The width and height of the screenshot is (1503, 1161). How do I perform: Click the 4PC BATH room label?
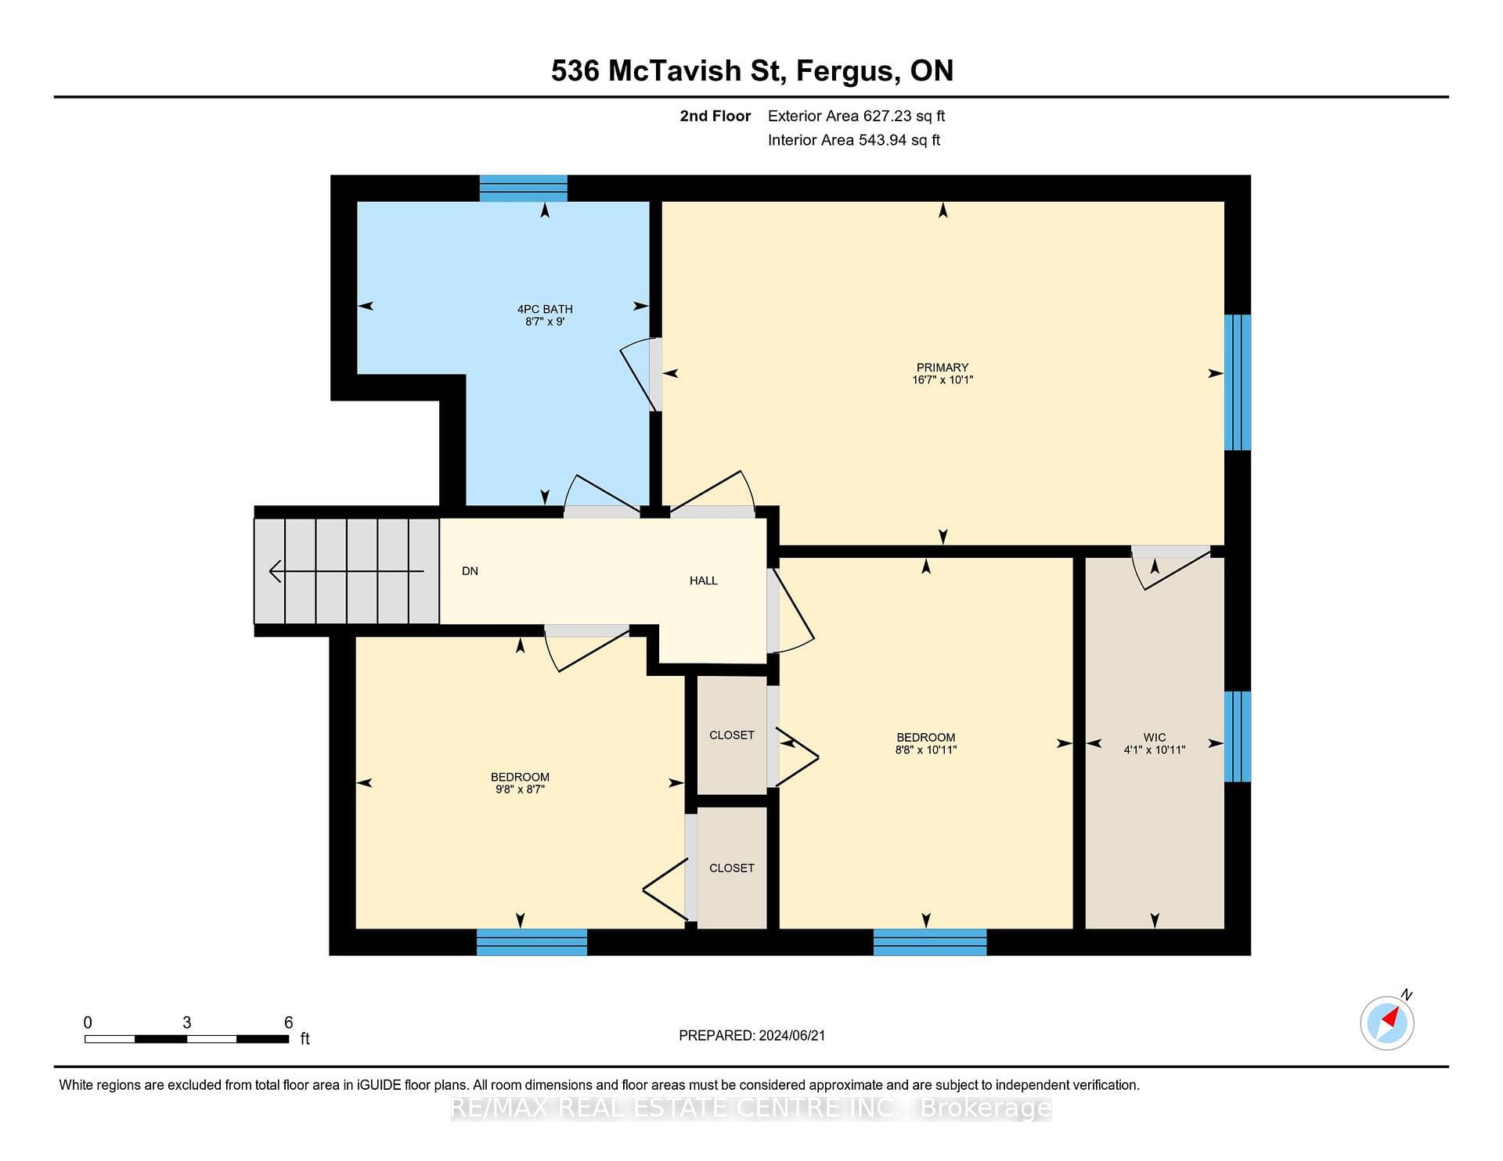click(x=545, y=309)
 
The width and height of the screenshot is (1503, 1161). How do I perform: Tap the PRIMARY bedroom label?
click(x=943, y=367)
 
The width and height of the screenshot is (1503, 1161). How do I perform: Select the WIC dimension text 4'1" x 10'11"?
click(x=1155, y=749)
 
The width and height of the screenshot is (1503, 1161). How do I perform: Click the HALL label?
click(x=703, y=580)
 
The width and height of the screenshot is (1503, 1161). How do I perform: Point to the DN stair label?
click(x=470, y=571)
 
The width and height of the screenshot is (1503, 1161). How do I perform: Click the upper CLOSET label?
click(x=732, y=735)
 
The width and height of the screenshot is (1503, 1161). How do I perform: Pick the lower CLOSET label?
click(x=732, y=868)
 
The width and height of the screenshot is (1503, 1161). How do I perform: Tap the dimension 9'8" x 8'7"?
click(x=520, y=789)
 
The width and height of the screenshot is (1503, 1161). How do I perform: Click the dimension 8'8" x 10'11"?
click(x=926, y=749)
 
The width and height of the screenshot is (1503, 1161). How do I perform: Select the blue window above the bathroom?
click(x=523, y=189)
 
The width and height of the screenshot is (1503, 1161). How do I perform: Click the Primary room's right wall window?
click(x=1238, y=383)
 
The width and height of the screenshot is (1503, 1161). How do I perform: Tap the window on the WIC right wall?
click(x=1238, y=736)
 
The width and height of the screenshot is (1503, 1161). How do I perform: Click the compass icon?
click(x=1387, y=1022)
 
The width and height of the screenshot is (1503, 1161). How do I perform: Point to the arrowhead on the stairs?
click(x=275, y=571)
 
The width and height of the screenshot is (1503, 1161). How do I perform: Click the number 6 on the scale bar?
click(x=288, y=1023)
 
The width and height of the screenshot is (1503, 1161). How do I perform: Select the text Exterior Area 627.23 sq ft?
click(x=856, y=116)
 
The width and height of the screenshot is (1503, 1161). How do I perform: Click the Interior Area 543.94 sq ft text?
click(x=854, y=140)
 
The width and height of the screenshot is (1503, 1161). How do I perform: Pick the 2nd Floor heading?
click(x=715, y=116)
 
